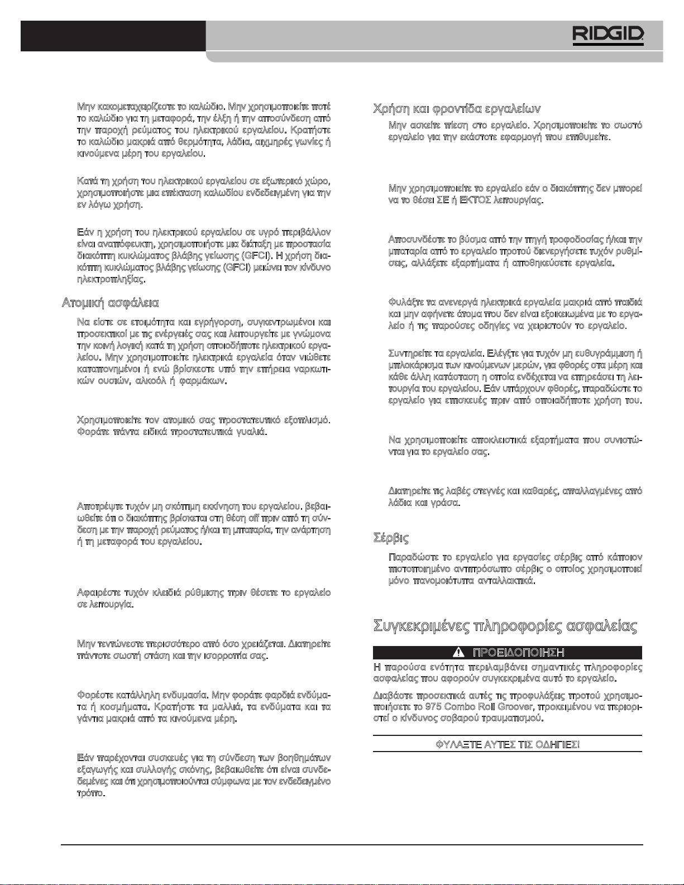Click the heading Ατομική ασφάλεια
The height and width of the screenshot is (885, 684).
[x=110, y=303]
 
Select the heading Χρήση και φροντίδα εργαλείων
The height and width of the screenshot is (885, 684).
[x=457, y=108]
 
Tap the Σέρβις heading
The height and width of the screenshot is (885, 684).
[x=391, y=538]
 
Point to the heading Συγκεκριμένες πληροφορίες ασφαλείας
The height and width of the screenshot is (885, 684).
[x=505, y=625]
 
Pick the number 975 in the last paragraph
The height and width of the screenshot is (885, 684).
[x=433, y=707]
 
